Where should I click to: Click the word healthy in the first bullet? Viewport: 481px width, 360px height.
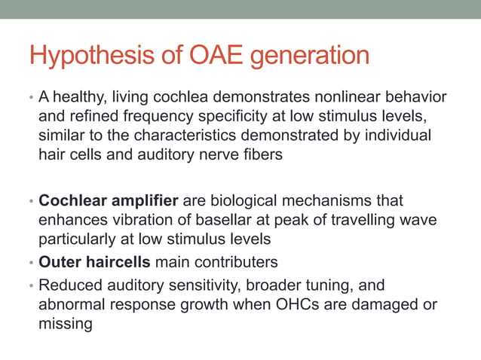click(78, 99)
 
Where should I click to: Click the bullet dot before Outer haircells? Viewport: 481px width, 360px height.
click(31, 263)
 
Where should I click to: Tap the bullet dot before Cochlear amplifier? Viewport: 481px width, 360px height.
click(31, 203)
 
